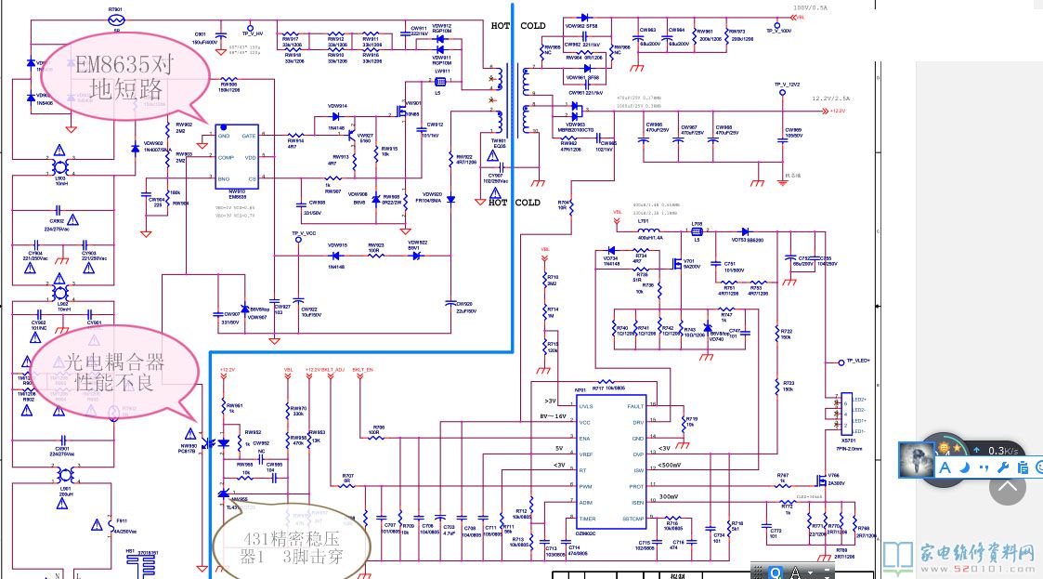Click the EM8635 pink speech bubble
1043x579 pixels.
(x=126, y=76)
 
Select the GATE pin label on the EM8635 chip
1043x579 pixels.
(x=248, y=136)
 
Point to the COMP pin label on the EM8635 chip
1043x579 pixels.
(x=227, y=158)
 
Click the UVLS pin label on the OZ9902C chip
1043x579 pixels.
(x=585, y=406)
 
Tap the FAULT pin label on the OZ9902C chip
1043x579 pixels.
(x=634, y=406)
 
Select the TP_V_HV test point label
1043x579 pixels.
(x=253, y=33)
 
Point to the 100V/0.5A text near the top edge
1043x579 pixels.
(x=810, y=7)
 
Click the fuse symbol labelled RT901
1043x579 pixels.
(x=116, y=19)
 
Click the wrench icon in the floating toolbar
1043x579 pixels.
(x=1002, y=467)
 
